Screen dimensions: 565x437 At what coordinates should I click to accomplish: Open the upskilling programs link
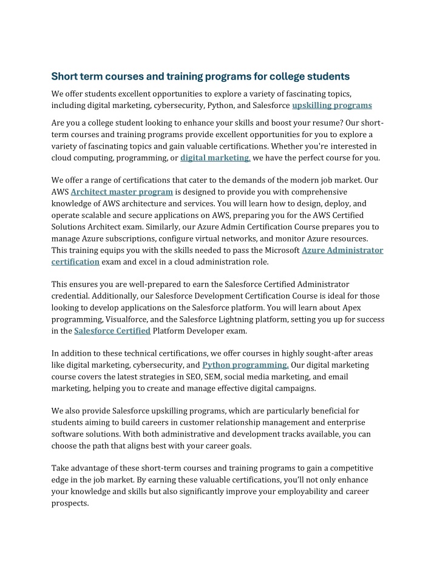tap(332, 106)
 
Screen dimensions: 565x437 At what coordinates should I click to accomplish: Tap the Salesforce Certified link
tap(112, 331)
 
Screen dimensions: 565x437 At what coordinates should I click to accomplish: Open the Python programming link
tap(245, 365)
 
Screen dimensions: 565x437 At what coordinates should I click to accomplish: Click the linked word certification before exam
tap(75, 262)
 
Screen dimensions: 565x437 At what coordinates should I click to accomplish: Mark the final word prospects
tap(70, 504)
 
